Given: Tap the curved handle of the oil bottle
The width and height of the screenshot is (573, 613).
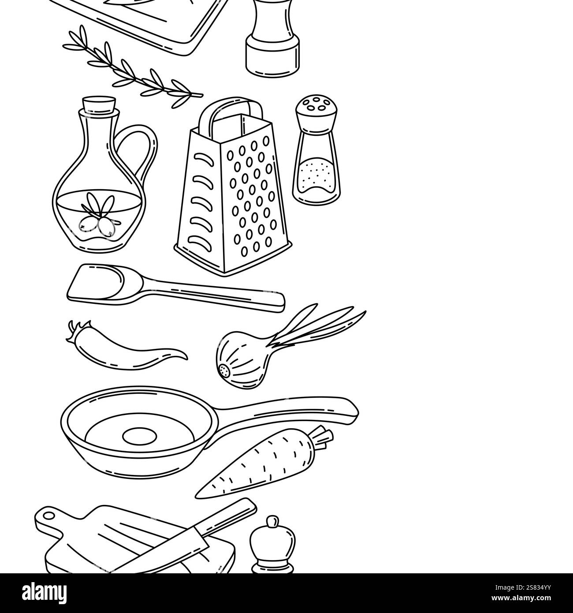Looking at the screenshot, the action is [x=151, y=145].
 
